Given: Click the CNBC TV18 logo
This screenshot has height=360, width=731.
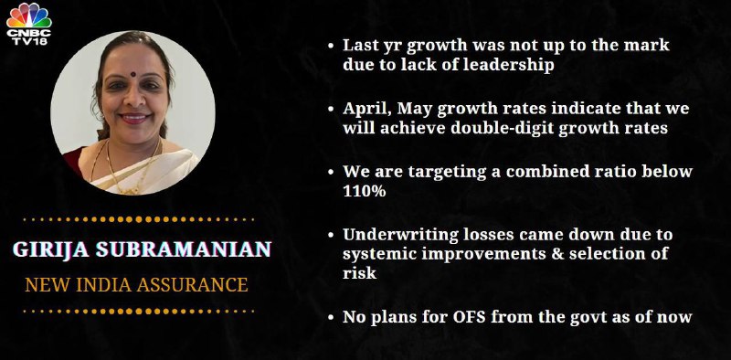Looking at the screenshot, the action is (x=29, y=24).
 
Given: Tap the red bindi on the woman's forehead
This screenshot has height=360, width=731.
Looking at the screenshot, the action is (x=132, y=74).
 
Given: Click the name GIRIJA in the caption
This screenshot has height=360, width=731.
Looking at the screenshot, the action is (x=51, y=250).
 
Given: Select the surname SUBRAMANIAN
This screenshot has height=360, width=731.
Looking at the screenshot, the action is (x=184, y=250).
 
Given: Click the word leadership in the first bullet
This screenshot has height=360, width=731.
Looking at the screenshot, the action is (x=508, y=65).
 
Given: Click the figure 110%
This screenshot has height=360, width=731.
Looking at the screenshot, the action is (x=364, y=191).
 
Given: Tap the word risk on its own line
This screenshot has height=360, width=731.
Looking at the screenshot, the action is (x=359, y=273).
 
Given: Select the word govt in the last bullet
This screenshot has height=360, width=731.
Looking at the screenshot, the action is (x=604, y=318).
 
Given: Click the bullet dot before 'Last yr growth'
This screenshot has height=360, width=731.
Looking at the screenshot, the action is (x=331, y=47).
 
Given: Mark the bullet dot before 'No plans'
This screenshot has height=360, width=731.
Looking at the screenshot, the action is (x=331, y=319).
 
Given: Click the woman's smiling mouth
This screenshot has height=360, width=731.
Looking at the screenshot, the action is (x=135, y=118).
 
